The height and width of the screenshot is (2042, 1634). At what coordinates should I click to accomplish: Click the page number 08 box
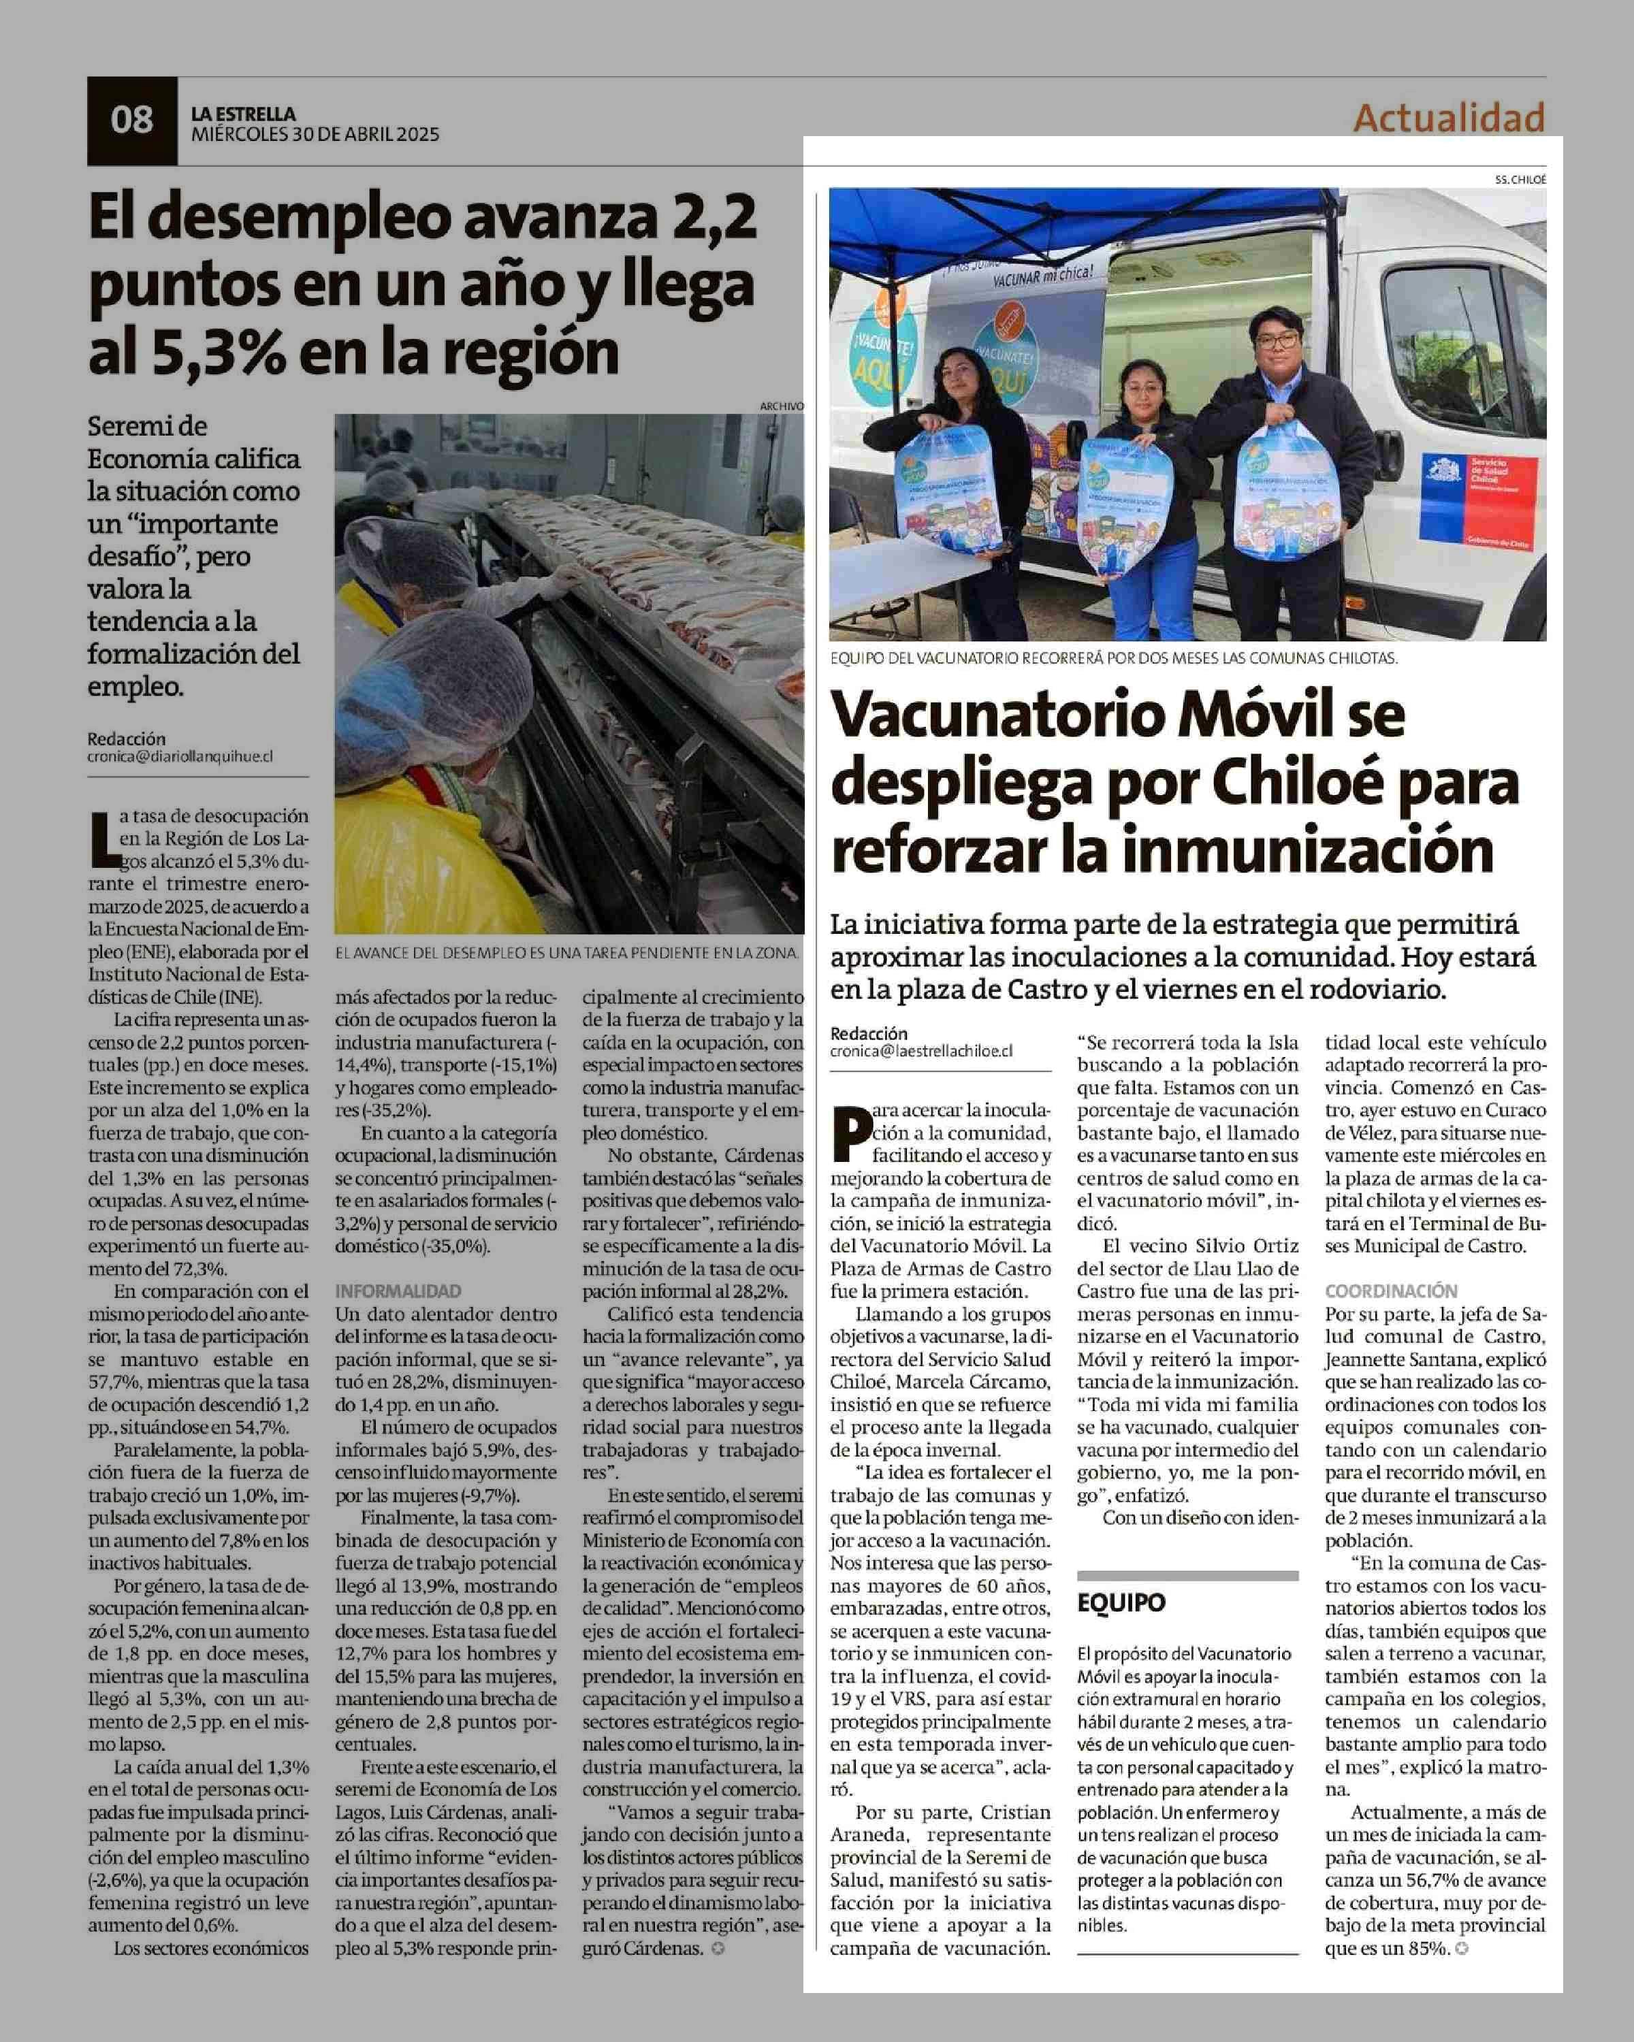(131, 121)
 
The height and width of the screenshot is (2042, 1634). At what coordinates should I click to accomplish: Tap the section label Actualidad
(1448, 118)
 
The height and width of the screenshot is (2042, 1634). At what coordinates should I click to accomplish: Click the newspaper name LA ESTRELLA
(244, 114)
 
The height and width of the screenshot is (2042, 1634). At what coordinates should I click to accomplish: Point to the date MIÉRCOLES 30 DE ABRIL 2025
(315, 135)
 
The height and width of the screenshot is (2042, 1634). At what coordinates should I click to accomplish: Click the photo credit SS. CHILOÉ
(1520, 179)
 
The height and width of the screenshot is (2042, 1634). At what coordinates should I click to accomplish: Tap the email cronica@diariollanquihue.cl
(180, 757)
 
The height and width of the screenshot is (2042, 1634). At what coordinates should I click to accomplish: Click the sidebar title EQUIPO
(1121, 1602)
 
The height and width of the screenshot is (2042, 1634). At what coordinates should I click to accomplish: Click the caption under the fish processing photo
(566, 952)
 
